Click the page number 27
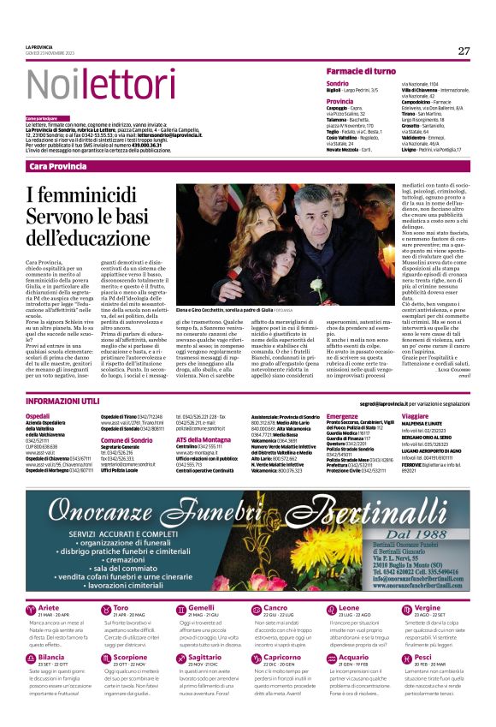464,51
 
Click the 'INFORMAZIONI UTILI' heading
60,402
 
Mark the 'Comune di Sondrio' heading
126,439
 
